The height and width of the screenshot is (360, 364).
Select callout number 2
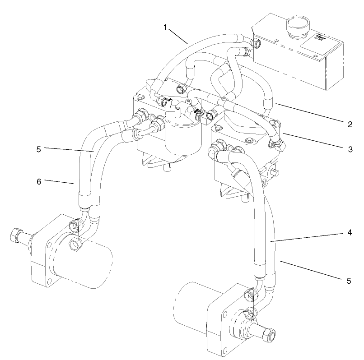[x=350, y=124]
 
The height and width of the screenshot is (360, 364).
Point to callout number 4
[x=350, y=234]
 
